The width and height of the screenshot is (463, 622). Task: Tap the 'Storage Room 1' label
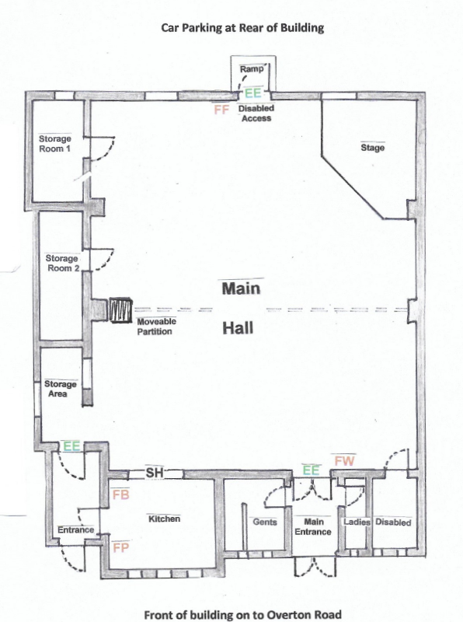click(55, 143)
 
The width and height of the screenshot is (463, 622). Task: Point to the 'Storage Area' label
click(60, 389)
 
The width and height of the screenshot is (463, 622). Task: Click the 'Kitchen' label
click(164, 519)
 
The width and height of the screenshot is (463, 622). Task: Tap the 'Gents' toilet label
click(265, 522)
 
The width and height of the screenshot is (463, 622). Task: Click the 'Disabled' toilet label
click(393, 522)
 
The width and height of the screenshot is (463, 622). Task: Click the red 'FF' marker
click(221, 110)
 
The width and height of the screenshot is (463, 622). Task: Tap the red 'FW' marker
click(345, 461)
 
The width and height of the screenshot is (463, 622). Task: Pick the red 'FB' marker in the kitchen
click(120, 494)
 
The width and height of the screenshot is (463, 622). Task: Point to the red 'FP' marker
click(120, 547)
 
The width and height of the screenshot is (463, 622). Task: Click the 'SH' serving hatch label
click(152, 473)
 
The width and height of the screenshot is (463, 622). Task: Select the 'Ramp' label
click(252, 70)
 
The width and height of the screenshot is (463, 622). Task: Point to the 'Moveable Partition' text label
click(157, 327)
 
